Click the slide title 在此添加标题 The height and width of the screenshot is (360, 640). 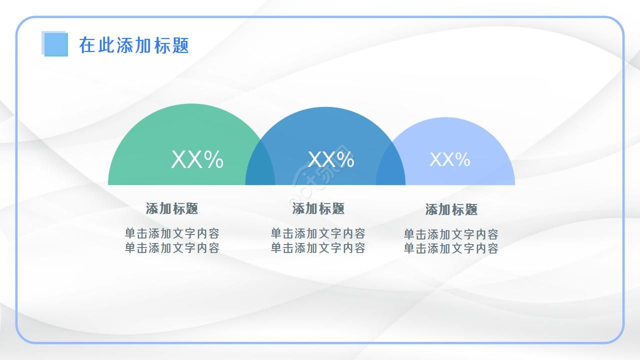click(134, 45)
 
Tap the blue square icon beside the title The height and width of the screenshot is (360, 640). click(55, 44)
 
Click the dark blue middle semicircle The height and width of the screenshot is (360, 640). click(325, 130)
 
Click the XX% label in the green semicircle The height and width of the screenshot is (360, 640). click(197, 160)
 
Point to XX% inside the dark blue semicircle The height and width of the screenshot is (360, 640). click(331, 160)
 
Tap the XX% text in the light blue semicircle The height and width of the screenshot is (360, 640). click(450, 160)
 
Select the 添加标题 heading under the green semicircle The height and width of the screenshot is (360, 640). click(172, 208)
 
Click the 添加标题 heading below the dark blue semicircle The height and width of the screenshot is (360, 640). click(318, 208)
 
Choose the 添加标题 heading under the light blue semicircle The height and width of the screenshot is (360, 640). click(451, 209)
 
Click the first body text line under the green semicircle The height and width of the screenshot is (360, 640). click(172, 233)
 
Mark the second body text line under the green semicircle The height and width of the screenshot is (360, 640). click(172, 247)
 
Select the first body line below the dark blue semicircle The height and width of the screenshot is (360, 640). click(318, 233)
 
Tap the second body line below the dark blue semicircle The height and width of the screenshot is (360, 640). click(318, 247)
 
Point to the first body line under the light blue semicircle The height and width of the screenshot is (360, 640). click(451, 234)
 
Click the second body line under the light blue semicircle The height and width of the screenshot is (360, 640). click(451, 248)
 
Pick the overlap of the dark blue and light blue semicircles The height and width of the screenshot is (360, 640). click(391, 172)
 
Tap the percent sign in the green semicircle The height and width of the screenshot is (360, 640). click(213, 160)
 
